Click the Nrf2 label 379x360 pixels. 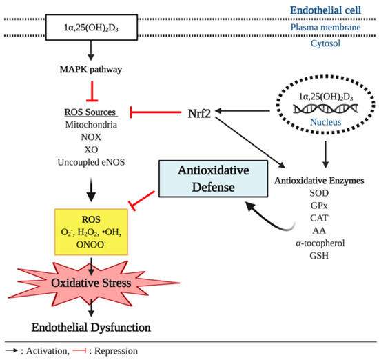(199, 114)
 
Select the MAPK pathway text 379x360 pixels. (91, 70)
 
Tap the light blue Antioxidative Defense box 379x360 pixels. (213, 179)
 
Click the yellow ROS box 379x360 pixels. (91, 232)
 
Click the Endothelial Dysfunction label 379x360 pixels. (91, 328)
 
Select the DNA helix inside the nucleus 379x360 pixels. (325, 109)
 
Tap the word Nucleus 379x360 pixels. (325, 122)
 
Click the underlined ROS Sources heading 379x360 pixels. (91, 112)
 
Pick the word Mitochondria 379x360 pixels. (91, 125)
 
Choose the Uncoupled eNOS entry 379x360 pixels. (91, 162)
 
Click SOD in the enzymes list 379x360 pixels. (319, 193)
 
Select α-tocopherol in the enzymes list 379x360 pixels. (320, 243)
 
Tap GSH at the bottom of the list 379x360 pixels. (319, 256)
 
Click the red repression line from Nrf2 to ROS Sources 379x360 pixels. (156, 112)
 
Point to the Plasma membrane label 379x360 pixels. (325, 28)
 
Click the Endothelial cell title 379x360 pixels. (325, 10)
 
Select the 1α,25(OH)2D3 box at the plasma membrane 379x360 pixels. (92, 28)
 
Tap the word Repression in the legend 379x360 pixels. (116, 351)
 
